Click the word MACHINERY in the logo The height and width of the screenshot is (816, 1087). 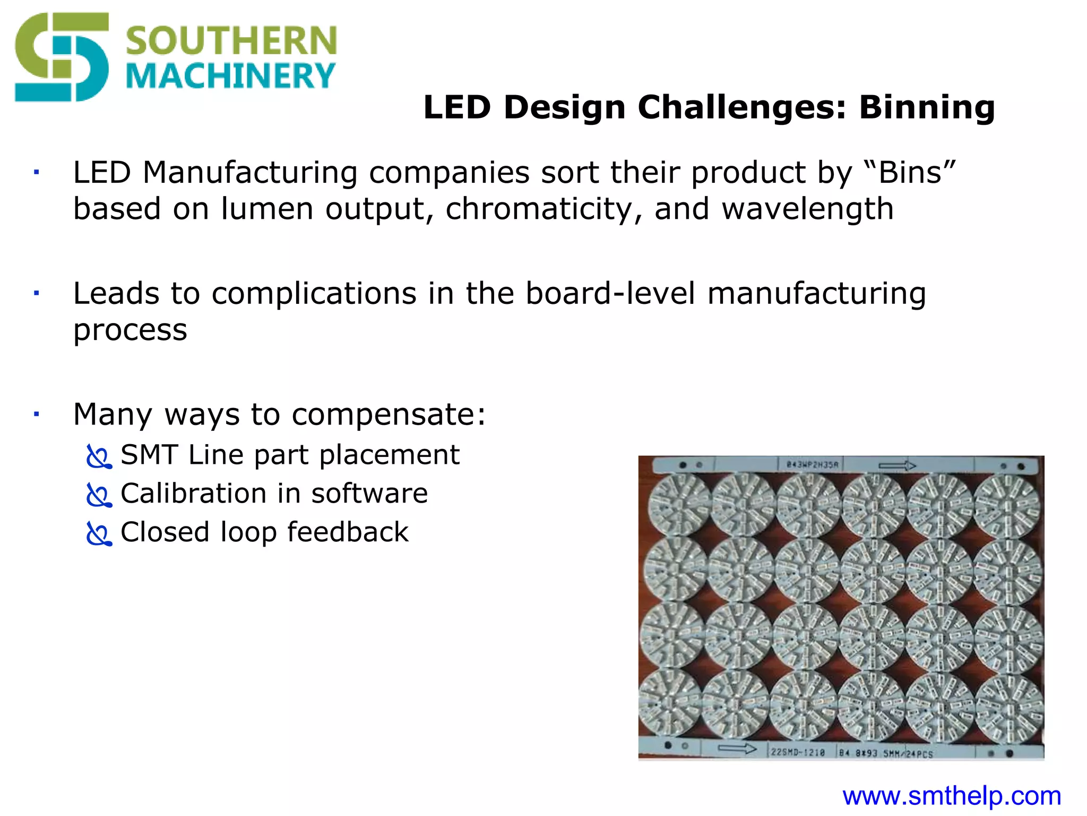(x=231, y=76)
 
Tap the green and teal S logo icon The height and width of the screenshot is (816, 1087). (x=62, y=57)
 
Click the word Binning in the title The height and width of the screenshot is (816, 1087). (x=927, y=107)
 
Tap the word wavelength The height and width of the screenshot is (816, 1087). (x=807, y=208)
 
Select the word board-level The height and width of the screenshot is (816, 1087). (x=610, y=293)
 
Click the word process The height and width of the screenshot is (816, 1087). (x=131, y=330)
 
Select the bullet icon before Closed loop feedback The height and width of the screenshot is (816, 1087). (x=99, y=534)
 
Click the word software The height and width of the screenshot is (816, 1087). (x=369, y=494)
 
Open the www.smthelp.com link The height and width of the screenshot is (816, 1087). (x=952, y=796)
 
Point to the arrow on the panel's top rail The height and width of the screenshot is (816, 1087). (x=897, y=466)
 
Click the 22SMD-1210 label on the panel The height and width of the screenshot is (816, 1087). (x=798, y=752)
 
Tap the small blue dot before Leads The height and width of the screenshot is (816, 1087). (x=36, y=293)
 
